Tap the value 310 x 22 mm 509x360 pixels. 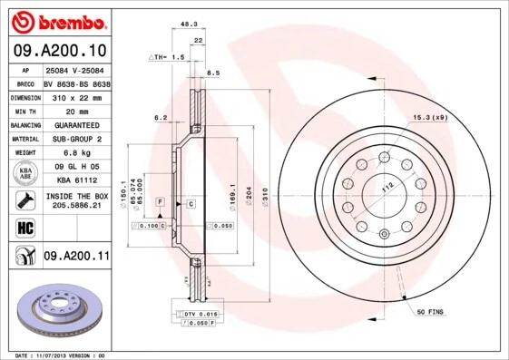click(x=76, y=96)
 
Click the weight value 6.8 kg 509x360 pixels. click(x=76, y=152)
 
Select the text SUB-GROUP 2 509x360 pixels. click(x=76, y=139)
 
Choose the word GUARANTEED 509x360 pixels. click(x=76, y=124)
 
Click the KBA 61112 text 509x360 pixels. click(x=76, y=180)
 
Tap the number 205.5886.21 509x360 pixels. click(x=76, y=207)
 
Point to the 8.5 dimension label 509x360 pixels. click(x=214, y=73)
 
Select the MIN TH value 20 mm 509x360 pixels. click(x=76, y=111)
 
